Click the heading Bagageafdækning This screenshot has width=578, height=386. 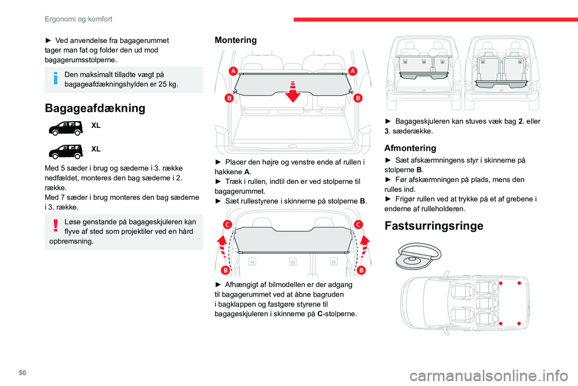[x=95, y=109]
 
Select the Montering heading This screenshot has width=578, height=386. [x=235, y=40]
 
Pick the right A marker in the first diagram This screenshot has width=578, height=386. [x=352, y=71]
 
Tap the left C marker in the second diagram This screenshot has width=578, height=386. [x=228, y=224]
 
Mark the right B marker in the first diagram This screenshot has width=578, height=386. [x=358, y=98]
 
